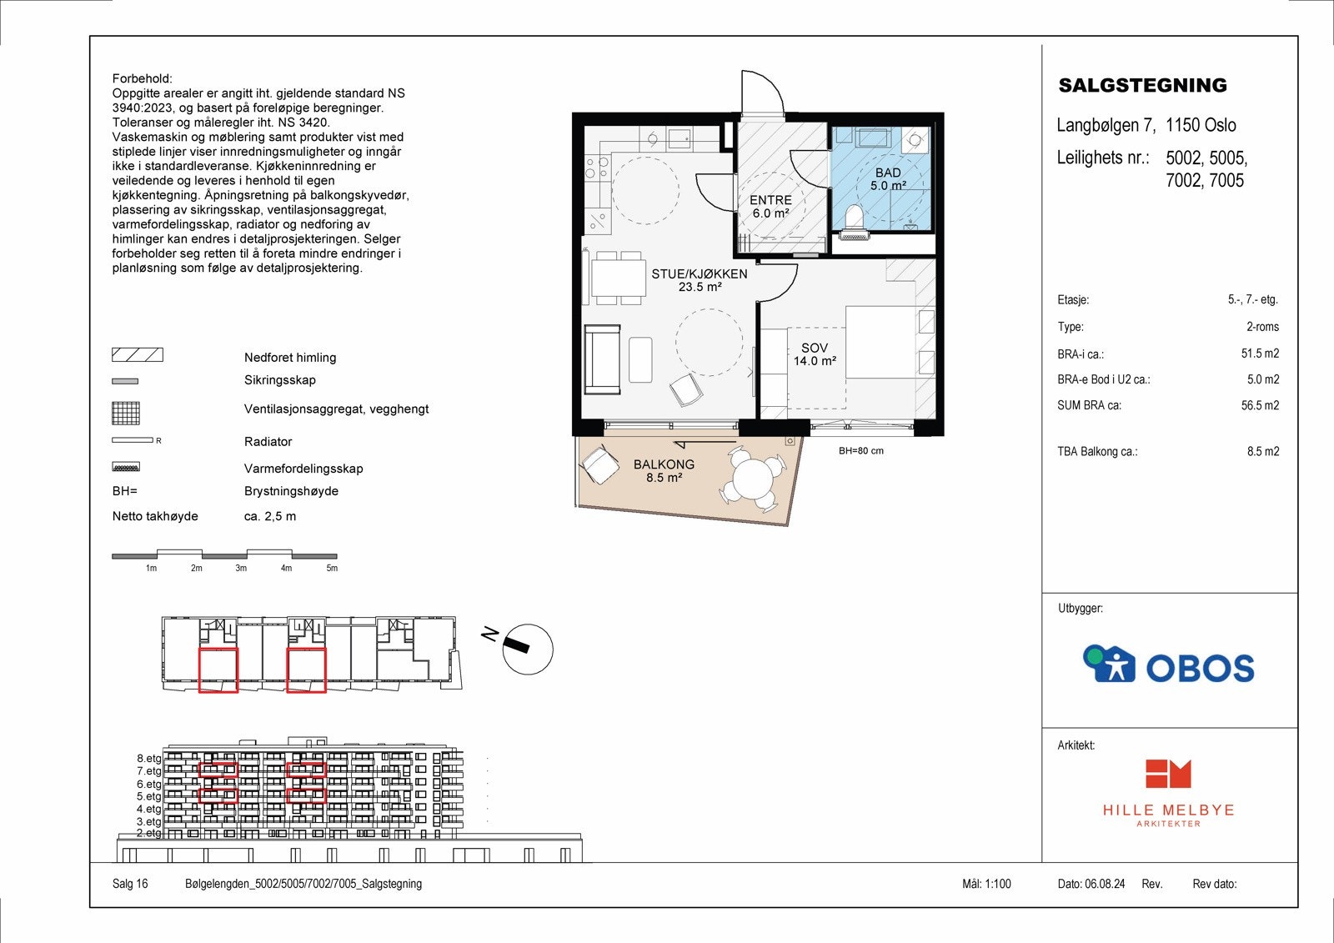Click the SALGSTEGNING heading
pyautogui.click(x=1142, y=85)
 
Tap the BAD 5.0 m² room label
pyautogui.click(x=888, y=179)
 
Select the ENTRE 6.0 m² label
pyautogui.click(x=770, y=207)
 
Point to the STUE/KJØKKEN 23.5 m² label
pyautogui.click(x=699, y=280)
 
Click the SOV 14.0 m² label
pyautogui.click(x=815, y=354)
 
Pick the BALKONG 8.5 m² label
pyautogui.click(x=664, y=471)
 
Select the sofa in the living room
pyautogui.click(x=602, y=359)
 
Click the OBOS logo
pyautogui.click(x=1168, y=665)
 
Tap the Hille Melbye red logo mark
pyautogui.click(x=1168, y=774)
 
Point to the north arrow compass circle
pyautogui.click(x=528, y=649)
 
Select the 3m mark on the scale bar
pyautogui.click(x=241, y=568)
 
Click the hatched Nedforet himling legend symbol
pyautogui.click(x=138, y=355)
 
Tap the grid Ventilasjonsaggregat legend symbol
pyautogui.click(x=126, y=413)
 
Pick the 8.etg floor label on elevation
pyautogui.click(x=149, y=759)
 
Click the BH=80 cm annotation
pyautogui.click(x=860, y=451)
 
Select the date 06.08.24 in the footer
pyautogui.click(x=1105, y=884)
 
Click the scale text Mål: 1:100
pyautogui.click(x=986, y=884)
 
